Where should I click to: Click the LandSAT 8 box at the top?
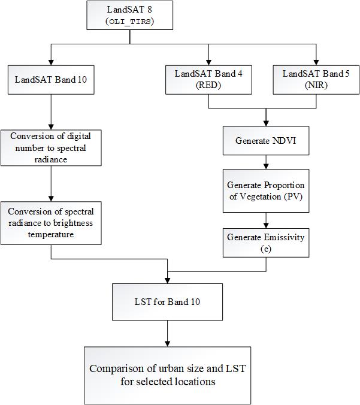pos(130,16)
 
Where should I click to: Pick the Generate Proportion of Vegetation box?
pos(265,191)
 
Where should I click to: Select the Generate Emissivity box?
pos(265,243)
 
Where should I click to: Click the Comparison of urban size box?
pos(167,374)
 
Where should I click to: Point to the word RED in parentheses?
pos(208,85)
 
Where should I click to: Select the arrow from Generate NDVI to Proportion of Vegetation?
pos(265,162)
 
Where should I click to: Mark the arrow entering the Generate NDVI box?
pos(265,117)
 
